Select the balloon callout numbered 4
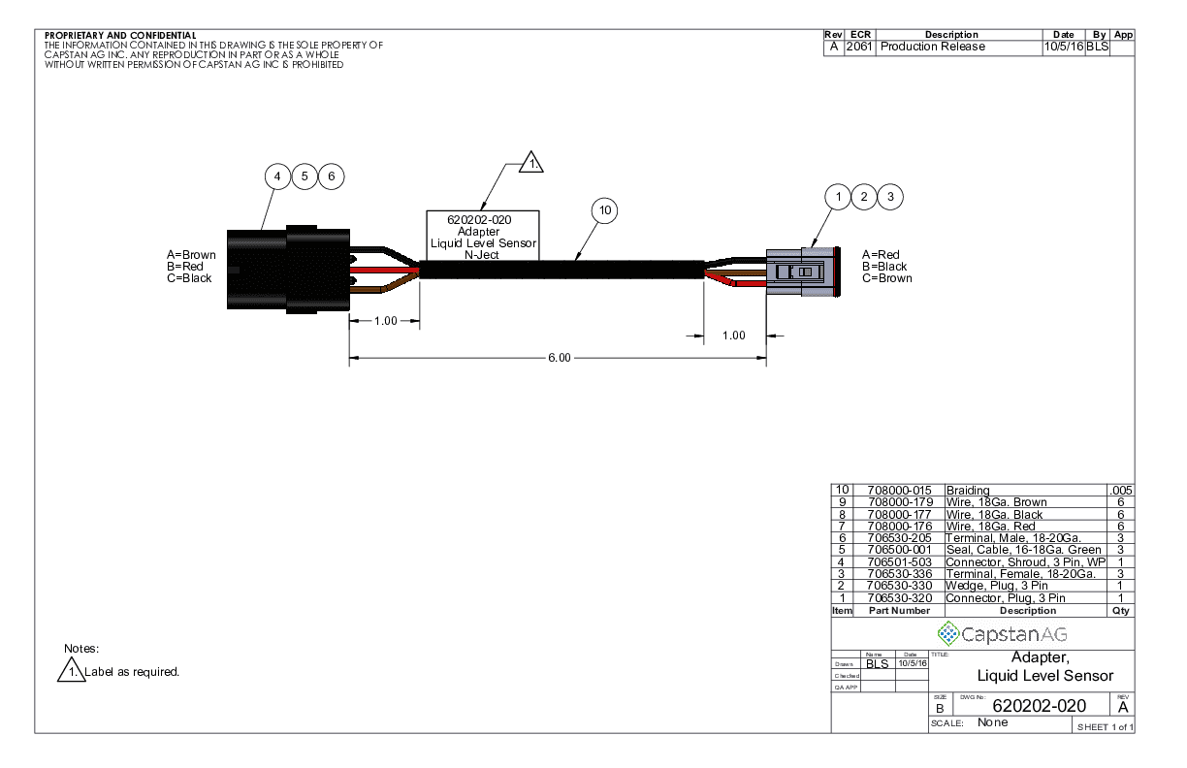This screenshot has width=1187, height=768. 278,177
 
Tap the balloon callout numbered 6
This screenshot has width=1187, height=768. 332,177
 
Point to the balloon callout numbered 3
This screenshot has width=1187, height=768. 890,196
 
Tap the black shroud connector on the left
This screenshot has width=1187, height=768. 287,270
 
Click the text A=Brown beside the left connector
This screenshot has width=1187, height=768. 192,255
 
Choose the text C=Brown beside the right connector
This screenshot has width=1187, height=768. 887,278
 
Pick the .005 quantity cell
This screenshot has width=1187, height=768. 1123,491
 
